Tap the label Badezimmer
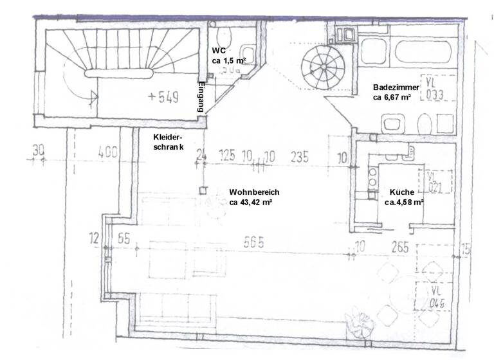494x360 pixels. pos(396,87)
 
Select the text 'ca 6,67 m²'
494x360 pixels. pos(392,98)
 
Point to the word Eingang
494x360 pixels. pos(201,98)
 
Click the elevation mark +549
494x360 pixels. pos(163,98)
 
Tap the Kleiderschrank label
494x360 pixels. pos(169,142)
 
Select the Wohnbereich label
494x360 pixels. pos(254,192)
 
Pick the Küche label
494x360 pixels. pos(401,192)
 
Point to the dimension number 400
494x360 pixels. pos(109,152)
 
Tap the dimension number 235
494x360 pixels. pos(300,155)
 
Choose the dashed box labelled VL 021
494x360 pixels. pos(437,183)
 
